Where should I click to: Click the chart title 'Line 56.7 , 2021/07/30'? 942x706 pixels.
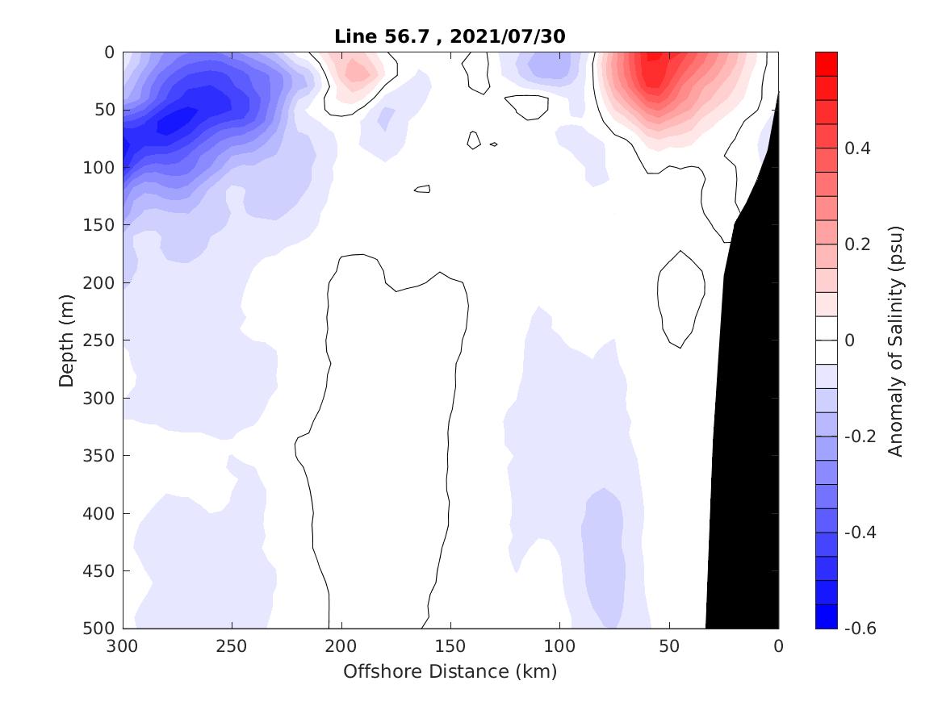[x=450, y=36]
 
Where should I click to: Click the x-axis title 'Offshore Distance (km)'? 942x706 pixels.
[x=450, y=671]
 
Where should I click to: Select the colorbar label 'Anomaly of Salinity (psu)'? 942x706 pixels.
[x=895, y=340]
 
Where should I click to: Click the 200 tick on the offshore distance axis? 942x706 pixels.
[x=341, y=646]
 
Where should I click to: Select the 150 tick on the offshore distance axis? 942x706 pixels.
[x=450, y=646]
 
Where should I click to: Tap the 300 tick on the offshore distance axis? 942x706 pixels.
[x=124, y=646]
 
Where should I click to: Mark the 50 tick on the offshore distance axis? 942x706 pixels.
[x=669, y=646]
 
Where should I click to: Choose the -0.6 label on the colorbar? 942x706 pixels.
[x=860, y=628]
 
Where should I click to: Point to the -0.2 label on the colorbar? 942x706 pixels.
[x=860, y=437]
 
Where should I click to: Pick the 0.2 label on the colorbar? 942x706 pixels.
[x=859, y=244]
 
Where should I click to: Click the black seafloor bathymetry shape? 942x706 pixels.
[x=747, y=403]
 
